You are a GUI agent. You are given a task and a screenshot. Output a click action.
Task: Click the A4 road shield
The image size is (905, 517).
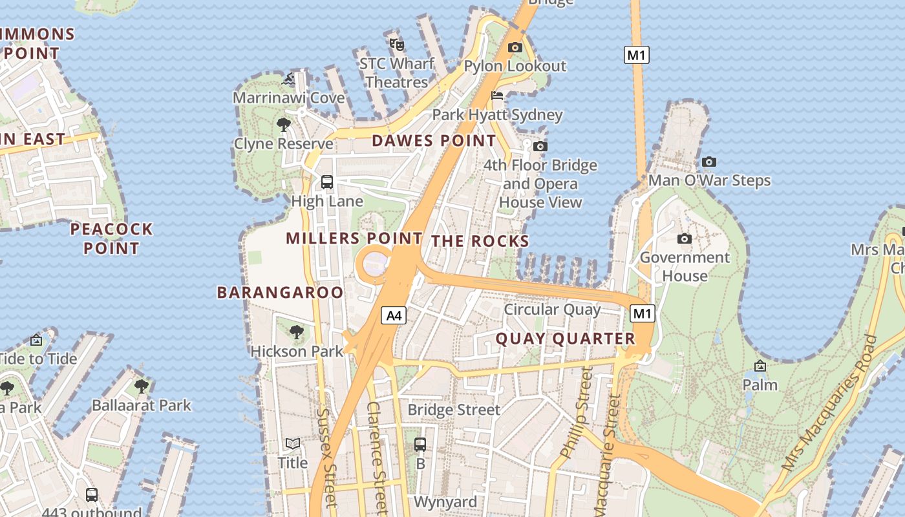(x=394, y=315)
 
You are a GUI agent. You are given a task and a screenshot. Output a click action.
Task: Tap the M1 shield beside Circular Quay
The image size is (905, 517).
(x=642, y=314)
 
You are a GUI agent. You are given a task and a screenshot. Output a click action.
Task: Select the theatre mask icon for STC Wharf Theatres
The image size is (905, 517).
(x=396, y=45)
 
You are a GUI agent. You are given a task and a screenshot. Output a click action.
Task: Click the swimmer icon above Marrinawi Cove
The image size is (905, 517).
(x=289, y=79)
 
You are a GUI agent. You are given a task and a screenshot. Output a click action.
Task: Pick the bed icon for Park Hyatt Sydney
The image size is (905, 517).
(x=497, y=96)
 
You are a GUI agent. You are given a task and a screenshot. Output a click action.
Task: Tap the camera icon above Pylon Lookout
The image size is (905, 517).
(x=515, y=47)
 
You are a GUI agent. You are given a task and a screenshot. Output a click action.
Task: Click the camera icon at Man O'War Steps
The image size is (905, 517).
(x=709, y=162)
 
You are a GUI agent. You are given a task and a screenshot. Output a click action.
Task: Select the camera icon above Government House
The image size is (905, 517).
(x=685, y=239)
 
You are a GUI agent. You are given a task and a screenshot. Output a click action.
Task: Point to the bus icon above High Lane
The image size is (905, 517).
(x=327, y=182)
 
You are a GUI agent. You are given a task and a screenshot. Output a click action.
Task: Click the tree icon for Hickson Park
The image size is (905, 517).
(x=297, y=332)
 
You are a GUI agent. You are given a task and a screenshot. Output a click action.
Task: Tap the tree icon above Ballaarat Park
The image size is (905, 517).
(x=142, y=386)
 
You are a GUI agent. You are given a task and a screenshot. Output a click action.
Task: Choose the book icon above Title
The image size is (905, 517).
(x=293, y=443)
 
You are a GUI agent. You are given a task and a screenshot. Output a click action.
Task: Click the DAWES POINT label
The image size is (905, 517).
(x=434, y=140)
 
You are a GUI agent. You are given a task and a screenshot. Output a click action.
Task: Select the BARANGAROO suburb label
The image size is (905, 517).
(x=280, y=292)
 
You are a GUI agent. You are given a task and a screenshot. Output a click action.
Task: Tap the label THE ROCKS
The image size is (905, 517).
(x=480, y=241)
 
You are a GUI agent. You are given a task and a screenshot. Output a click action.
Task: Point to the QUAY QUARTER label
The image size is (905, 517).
(x=566, y=339)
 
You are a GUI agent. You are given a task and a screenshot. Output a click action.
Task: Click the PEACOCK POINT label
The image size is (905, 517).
(x=111, y=238)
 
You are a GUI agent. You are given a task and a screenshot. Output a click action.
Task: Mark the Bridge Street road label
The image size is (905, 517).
(x=454, y=410)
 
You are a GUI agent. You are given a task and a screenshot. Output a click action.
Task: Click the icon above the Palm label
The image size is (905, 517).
(x=760, y=366)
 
